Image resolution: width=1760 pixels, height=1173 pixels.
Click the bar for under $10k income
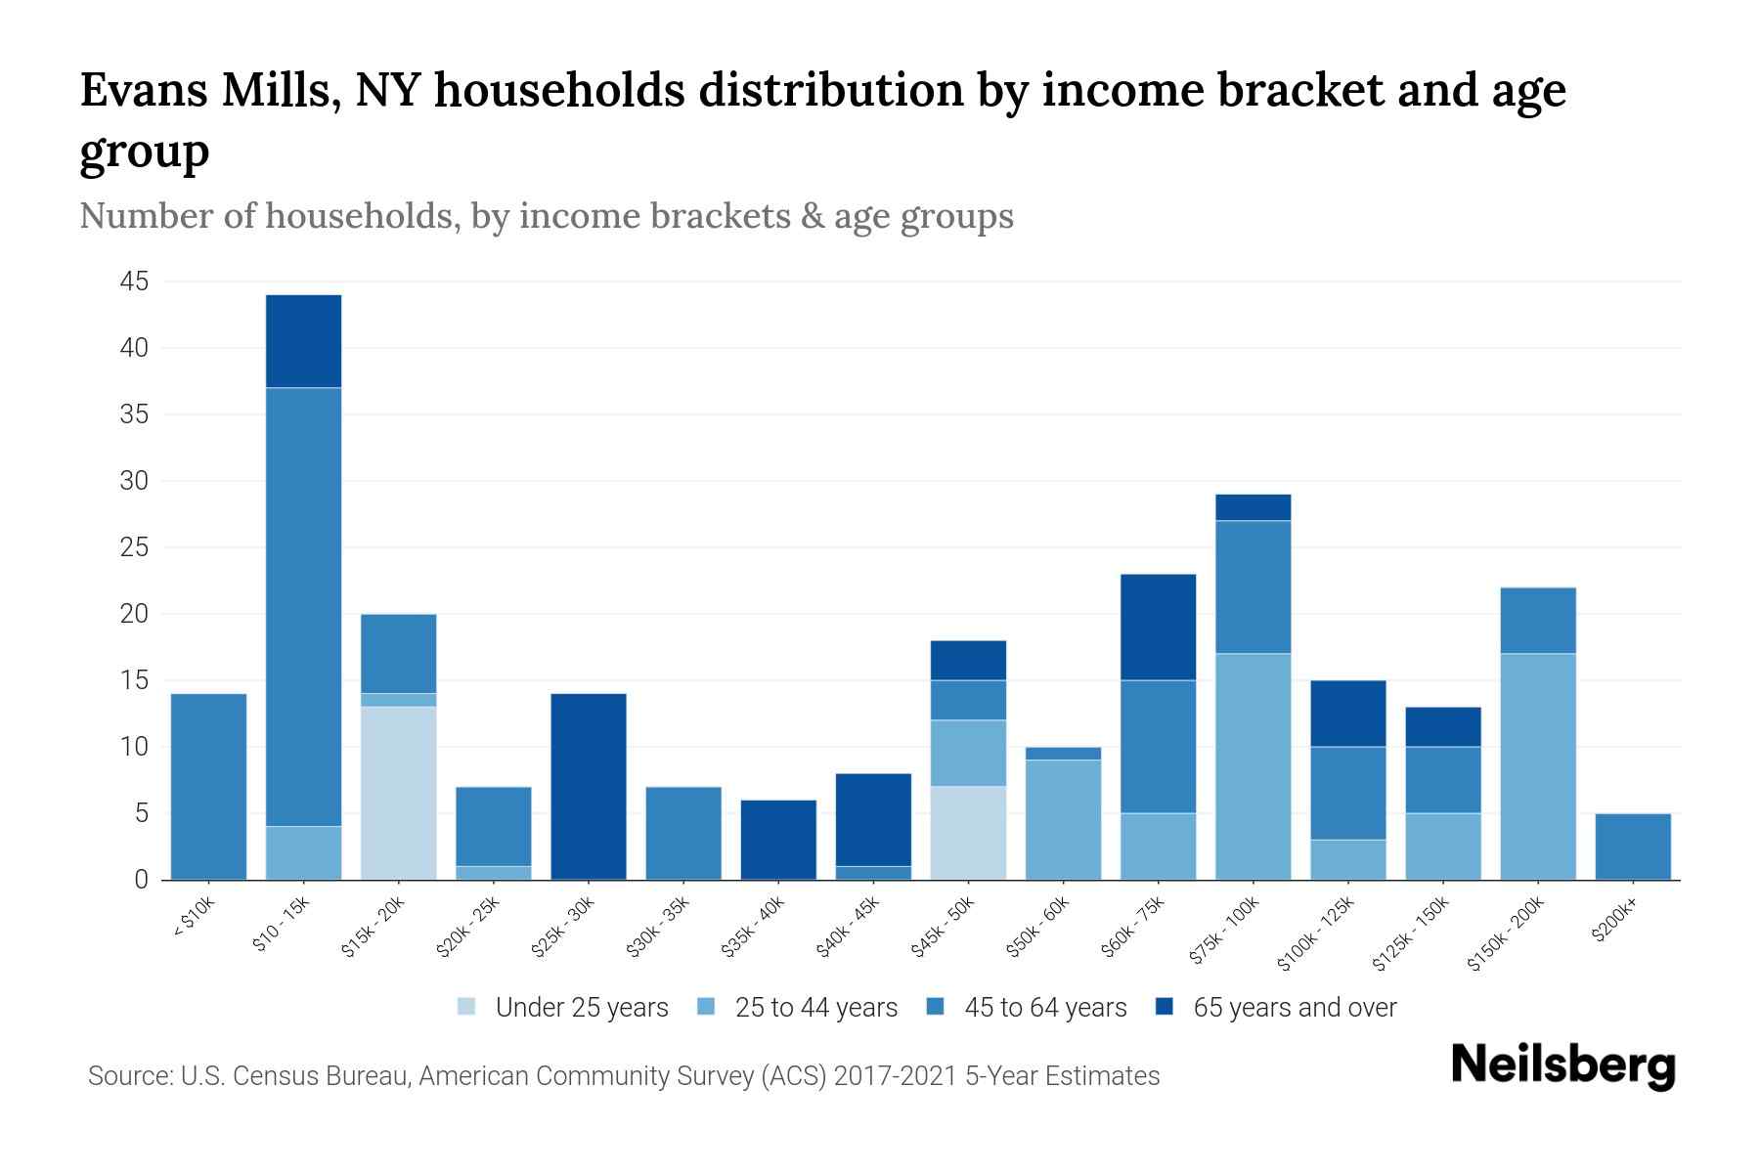coord(208,787)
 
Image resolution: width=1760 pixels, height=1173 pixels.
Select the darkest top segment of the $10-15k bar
coord(303,341)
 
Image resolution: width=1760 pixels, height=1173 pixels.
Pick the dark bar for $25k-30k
coord(589,787)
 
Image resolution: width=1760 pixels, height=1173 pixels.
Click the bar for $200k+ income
coord(1633,847)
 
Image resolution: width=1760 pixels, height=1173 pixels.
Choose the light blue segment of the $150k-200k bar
coord(1538,766)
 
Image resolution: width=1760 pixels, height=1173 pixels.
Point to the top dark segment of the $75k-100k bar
coord(1253,507)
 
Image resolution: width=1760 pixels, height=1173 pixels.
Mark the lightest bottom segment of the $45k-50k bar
coord(968,833)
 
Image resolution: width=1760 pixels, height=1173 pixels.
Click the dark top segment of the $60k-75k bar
coord(1158,627)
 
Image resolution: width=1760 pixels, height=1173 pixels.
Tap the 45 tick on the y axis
coord(134,282)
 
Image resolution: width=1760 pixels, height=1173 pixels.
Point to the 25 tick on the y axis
coord(134,548)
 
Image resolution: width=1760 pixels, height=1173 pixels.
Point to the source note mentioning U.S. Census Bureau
coord(623,1076)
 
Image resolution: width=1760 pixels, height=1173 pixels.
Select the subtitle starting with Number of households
coord(546,216)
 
